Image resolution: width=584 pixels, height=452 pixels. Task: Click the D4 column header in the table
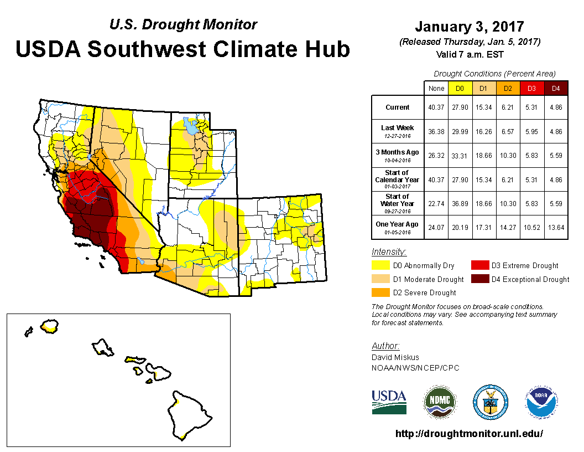click(556, 88)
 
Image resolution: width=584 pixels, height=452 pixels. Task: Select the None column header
click(436, 88)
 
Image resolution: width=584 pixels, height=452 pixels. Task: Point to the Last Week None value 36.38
click(436, 131)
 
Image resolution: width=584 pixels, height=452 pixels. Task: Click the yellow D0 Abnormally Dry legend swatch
click(380, 266)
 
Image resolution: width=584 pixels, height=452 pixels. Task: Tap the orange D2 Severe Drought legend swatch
click(380, 292)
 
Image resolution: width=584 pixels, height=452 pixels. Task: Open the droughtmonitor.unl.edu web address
click(469, 434)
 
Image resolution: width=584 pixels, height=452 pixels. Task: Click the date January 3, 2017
click(469, 27)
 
